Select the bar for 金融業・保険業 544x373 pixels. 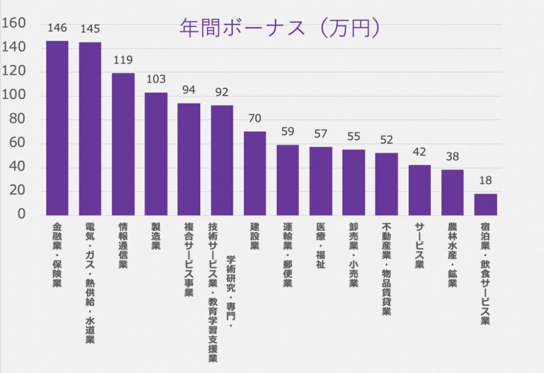coord(57,128)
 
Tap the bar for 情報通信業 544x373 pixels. coord(123,144)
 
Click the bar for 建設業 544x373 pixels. coord(255,173)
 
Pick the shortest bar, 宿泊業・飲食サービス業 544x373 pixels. coord(485,204)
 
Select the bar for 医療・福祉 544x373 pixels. coord(320,181)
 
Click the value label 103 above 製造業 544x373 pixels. coord(156,79)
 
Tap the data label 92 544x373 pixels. coord(222,91)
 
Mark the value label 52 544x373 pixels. coord(387,139)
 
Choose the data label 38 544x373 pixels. coord(453,156)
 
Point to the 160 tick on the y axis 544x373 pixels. coord(15,23)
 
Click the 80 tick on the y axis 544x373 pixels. coord(18,119)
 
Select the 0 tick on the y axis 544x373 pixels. coord(22,215)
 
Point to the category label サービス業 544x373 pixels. coord(419,245)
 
